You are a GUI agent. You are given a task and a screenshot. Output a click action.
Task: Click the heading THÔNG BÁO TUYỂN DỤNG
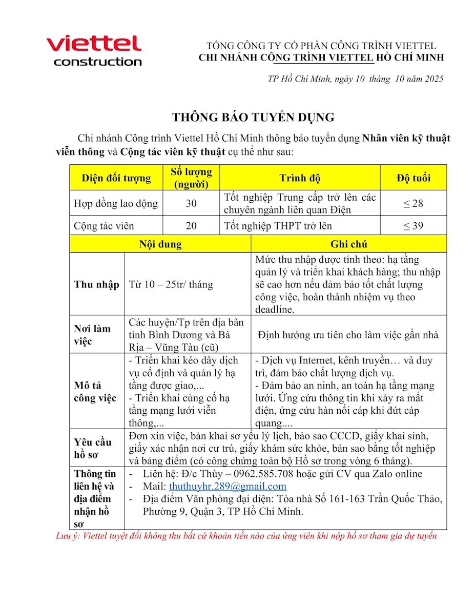coord(253,117)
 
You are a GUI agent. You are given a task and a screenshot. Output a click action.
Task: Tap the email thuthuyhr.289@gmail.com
coord(228,486)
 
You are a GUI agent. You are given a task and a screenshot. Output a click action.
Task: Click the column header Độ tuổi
coord(413,178)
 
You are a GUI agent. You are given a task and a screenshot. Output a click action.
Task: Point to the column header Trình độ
coord(300,178)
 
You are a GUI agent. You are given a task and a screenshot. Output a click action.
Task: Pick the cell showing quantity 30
coord(191,203)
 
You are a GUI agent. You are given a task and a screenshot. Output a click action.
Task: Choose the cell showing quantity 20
coord(191,225)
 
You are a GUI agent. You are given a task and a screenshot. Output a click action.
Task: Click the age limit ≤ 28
coord(413,203)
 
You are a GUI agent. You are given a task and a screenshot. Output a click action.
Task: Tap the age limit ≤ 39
coord(413,225)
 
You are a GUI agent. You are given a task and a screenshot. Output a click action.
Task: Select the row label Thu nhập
coord(97,284)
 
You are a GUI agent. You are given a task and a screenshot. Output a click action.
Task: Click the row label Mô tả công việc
coord(95,392)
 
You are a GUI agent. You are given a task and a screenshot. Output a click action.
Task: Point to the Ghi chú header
coord(348,244)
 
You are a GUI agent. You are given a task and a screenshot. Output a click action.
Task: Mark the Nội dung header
coord(160,244)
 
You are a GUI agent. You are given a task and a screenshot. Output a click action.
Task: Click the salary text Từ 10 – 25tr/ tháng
coord(171,284)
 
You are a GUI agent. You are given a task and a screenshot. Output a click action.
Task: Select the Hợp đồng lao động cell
coord(116,203)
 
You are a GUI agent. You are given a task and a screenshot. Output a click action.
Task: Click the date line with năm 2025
coord(355,79)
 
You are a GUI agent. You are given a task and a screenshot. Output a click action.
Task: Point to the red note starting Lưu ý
coord(246,536)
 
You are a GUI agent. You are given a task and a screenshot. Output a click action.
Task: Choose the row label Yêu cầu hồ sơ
coord(93,448)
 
